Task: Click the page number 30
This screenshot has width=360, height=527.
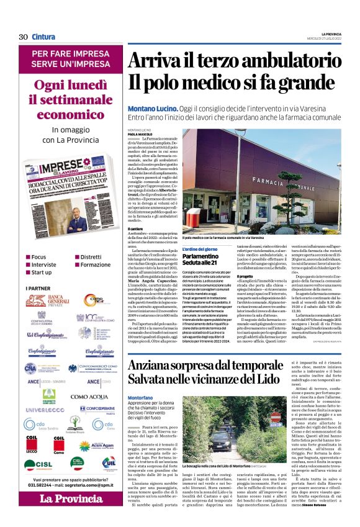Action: click(x=23, y=37)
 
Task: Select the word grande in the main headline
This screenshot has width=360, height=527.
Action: click(x=281, y=83)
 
